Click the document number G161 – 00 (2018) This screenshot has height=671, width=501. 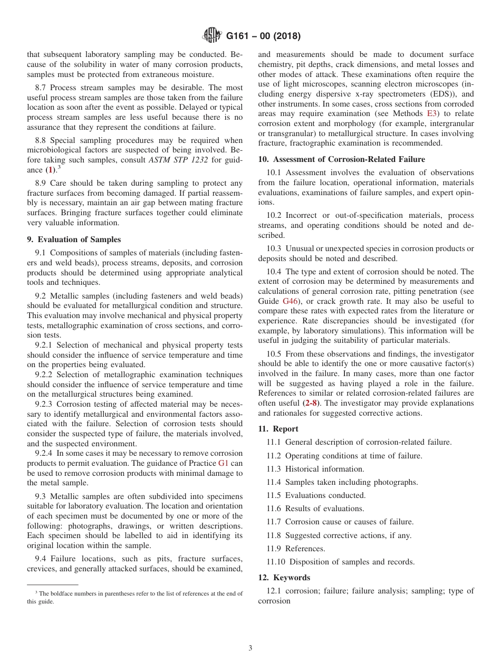click(263, 36)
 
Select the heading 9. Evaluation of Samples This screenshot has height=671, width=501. click(74, 239)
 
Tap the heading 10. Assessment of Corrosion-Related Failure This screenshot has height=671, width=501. click(341, 159)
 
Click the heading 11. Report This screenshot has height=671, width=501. click(278, 429)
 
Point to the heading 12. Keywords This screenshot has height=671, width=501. click(284, 577)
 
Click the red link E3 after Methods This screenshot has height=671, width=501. click(432, 113)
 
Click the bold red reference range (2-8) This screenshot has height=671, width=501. click(312, 403)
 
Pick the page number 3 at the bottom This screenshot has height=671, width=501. click(250, 648)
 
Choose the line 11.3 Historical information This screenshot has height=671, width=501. click(315, 468)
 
